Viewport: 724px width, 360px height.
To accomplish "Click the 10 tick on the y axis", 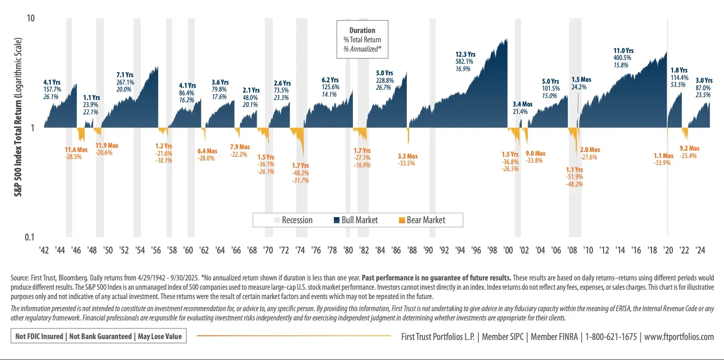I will [x=32, y=18].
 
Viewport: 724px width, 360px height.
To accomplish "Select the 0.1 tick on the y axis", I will [x=30, y=237].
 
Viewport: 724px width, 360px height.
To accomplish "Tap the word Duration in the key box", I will [x=362, y=30].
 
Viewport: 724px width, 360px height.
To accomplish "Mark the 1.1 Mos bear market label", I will [x=663, y=156].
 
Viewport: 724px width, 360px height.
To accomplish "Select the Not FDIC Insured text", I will [x=39, y=336].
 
